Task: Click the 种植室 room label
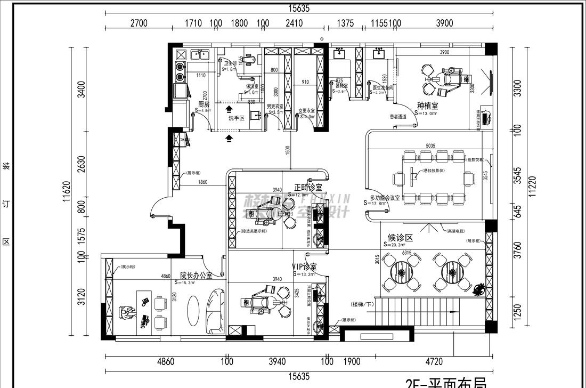tap(427, 106)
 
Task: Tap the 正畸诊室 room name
tap(307, 188)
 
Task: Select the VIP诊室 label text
tap(304, 266)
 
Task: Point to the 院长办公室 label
tap(196, 276)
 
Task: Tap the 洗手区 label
tap(236, 118)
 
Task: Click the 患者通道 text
tap(398, 116)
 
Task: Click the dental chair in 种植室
tap(451, 76)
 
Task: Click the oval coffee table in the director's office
tap(194, 308)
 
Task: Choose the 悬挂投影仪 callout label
tap(436, 171)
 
